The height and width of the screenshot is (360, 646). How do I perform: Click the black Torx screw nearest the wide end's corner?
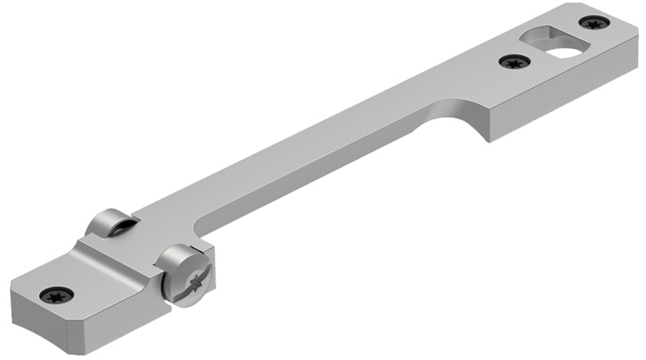[x=594, y=23]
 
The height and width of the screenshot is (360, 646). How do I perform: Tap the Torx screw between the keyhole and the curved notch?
[x=513, y=61]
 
